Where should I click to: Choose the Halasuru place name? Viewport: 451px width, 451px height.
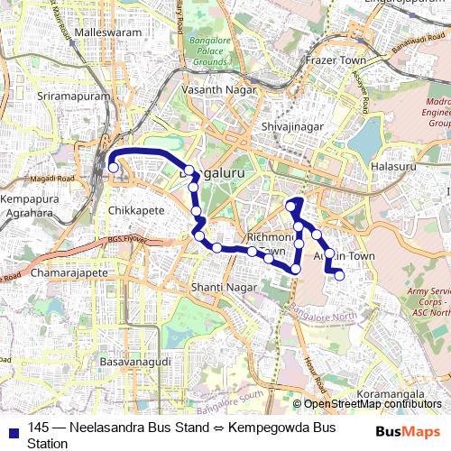tap(394, 167)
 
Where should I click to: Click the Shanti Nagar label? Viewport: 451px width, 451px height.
tap(219, 287)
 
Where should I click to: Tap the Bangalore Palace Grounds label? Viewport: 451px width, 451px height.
tap(208, 56)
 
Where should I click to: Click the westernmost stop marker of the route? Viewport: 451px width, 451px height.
tap(114, 167)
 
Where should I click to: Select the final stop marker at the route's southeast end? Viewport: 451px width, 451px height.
tap(339, 276)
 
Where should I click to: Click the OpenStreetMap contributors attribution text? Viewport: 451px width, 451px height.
tap(370, 404)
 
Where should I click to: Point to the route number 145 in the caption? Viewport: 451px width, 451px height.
tap(38, 427)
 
